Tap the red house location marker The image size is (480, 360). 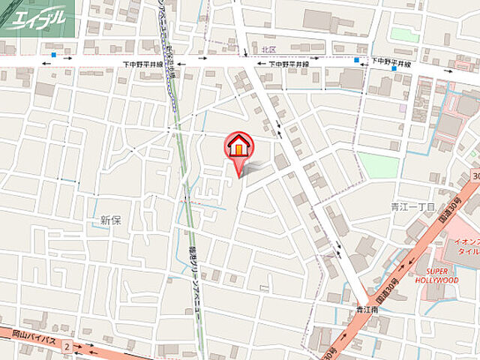(x=239, y=147)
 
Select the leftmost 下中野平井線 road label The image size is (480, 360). (x=143, y=65)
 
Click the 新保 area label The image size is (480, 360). (x=110, y=220)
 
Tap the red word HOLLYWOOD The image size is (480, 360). (x=436, y=280)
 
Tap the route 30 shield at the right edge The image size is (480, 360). (x=475, y=175)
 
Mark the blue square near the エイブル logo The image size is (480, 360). (x=54, y=55)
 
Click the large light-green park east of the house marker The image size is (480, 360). (x=378, y=165)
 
